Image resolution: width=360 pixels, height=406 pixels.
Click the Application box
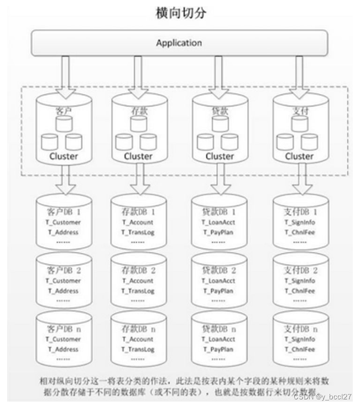coord(179,43)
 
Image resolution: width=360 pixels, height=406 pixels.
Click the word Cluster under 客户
coord(63,156)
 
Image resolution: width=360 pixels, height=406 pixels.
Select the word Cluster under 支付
coord(299,156)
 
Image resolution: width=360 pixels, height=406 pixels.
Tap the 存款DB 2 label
coord(139,270)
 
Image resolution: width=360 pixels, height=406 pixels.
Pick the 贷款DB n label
coord(220,328)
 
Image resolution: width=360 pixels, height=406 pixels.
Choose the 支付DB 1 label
coord(301,212)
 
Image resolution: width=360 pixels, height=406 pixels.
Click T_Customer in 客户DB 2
coord(62,280)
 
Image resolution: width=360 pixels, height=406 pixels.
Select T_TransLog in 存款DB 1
coord(138,232)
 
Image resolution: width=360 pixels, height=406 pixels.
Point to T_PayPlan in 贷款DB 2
coord(220,291)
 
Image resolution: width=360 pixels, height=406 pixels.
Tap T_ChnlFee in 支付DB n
coord(300,348)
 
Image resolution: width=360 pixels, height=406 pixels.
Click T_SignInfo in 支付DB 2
coord(300,280)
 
